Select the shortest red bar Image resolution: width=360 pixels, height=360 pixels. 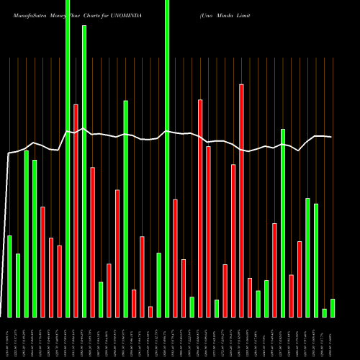(150, 312)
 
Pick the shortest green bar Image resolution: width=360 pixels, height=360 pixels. (325, 313)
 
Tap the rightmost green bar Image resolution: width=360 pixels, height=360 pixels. (333, 308)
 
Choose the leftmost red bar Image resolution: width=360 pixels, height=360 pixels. (42, 261)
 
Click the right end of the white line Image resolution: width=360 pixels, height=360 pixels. (331, 137)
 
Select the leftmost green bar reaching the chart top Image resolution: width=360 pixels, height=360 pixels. (68, 158)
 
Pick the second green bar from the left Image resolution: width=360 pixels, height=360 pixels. (18, 285)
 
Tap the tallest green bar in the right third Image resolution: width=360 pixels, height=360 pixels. (283, 222)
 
